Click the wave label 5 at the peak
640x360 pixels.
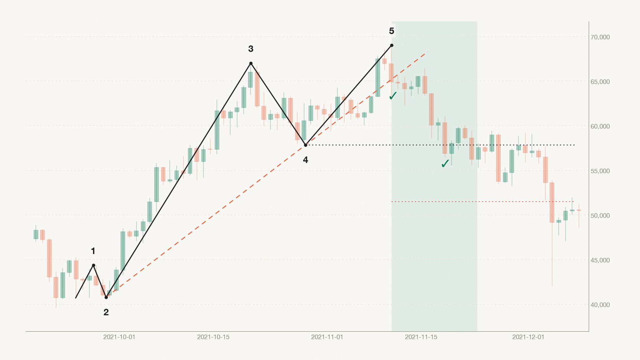[x=392, y=31]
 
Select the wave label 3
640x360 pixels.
[x=251, y=49]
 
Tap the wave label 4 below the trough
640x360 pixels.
[x=305, y=160]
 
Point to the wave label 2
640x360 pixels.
[x=106, y=312]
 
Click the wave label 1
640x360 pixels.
[x=93, y=251]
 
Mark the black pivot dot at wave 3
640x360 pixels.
[x=251, y=64]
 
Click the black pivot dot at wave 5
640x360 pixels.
[x=392, y=46]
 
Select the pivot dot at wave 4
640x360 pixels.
[x=305, y=145]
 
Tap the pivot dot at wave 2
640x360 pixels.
[x=106, y=298]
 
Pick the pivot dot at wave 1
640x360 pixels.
[x=93, y=266]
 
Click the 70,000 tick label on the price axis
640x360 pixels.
[x=600, y=37]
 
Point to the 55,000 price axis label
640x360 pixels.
[x=600, y=171]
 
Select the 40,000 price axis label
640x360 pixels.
[x=600, y=305]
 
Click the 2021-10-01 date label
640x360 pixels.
[x=119, y=337]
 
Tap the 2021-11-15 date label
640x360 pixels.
[x=421, y=337]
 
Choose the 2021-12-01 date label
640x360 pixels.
[x=528, y=337]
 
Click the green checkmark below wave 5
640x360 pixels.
[x=393, y=96]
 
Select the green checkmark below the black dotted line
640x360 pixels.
[x=445, y=164]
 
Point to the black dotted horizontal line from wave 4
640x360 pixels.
[x=440, y=145]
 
